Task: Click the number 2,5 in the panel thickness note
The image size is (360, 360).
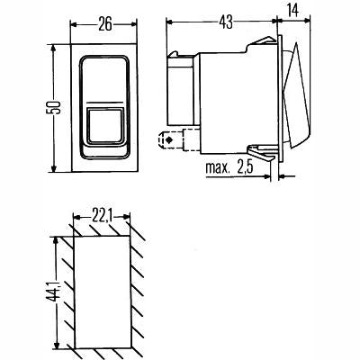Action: tap(249, 166)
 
